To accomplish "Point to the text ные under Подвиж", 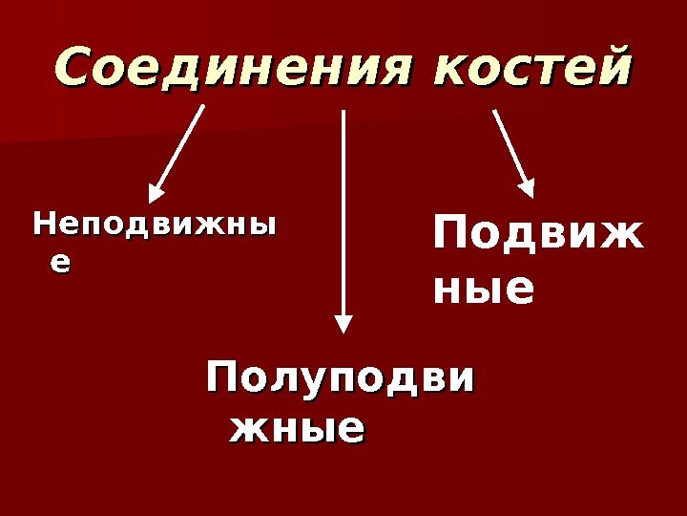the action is [483, 289].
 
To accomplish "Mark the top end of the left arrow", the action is [203, 106].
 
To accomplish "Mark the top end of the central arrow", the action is [344, 110].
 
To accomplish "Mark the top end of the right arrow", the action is [494, 109].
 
